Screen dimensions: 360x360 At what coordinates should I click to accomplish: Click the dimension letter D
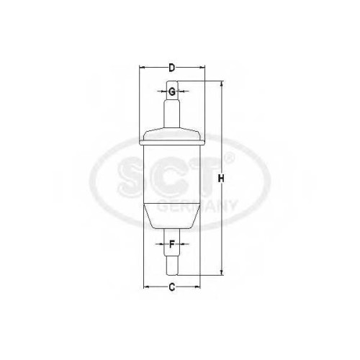point(172,68)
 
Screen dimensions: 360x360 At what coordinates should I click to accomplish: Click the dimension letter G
point(171,91)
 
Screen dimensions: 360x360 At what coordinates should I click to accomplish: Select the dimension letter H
point(221,179)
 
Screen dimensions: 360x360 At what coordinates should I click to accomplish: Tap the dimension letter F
point(172,244)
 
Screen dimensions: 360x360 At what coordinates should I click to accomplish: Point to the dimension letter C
point(172,287)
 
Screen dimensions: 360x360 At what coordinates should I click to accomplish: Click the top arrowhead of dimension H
point(222,84)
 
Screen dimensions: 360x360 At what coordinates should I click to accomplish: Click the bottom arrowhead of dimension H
point(222,272)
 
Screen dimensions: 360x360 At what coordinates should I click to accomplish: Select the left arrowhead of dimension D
point(143,68)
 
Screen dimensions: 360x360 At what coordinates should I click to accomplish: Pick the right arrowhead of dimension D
point(202,68)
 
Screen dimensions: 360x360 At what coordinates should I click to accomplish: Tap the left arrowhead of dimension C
point(146,287)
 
